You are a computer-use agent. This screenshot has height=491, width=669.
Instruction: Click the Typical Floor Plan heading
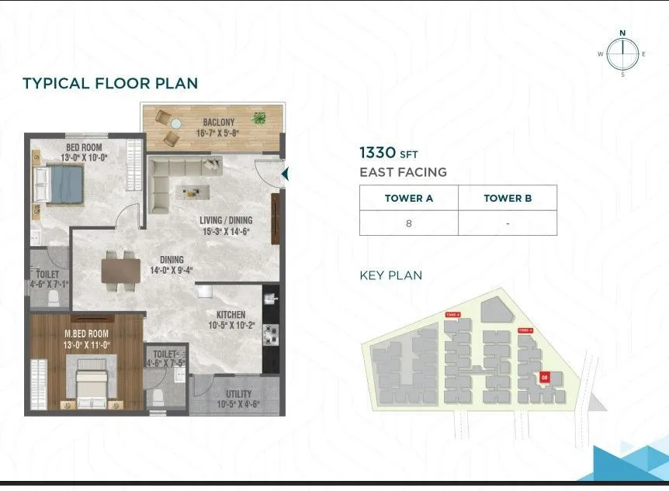click(x=110, y=83)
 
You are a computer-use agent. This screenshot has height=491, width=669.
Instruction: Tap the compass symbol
click(x=622, y=54)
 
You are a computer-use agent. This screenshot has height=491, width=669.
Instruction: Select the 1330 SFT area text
click(x=388, y=154)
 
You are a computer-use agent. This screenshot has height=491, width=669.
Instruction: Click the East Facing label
click(x=403, y=172)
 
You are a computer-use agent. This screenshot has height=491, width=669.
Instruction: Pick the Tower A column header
click(x=408, y=198)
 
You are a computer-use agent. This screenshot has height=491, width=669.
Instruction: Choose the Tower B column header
click(x=508, y=198)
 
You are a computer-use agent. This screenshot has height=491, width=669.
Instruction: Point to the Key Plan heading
click(x=390, y=275)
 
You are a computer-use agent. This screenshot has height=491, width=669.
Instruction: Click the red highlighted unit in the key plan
click(x=545, y=378)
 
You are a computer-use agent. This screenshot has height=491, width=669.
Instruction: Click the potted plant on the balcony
click(x=259, y=119)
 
